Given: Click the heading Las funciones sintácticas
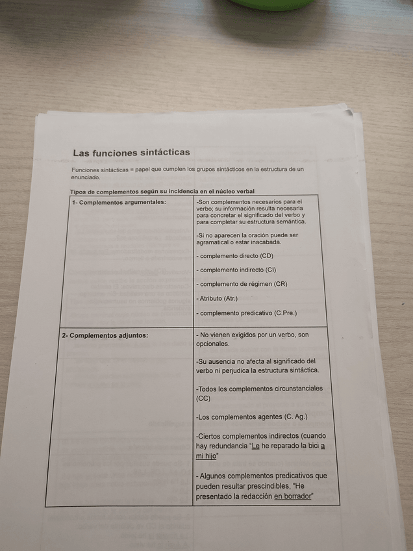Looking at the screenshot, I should coord(131,153).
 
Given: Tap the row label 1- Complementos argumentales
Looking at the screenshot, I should coord(119,202).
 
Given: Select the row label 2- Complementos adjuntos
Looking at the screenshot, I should coord(105,335).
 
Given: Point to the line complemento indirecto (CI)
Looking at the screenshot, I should coord(237,270).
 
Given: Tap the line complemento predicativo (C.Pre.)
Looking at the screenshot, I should coord(246,313).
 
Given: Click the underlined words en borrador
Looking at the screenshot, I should coord(293,496).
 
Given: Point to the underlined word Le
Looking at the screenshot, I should coord(255,446).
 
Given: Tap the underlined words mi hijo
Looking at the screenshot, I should coord(206,457).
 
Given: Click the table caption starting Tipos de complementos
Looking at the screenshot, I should coord(162,191).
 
